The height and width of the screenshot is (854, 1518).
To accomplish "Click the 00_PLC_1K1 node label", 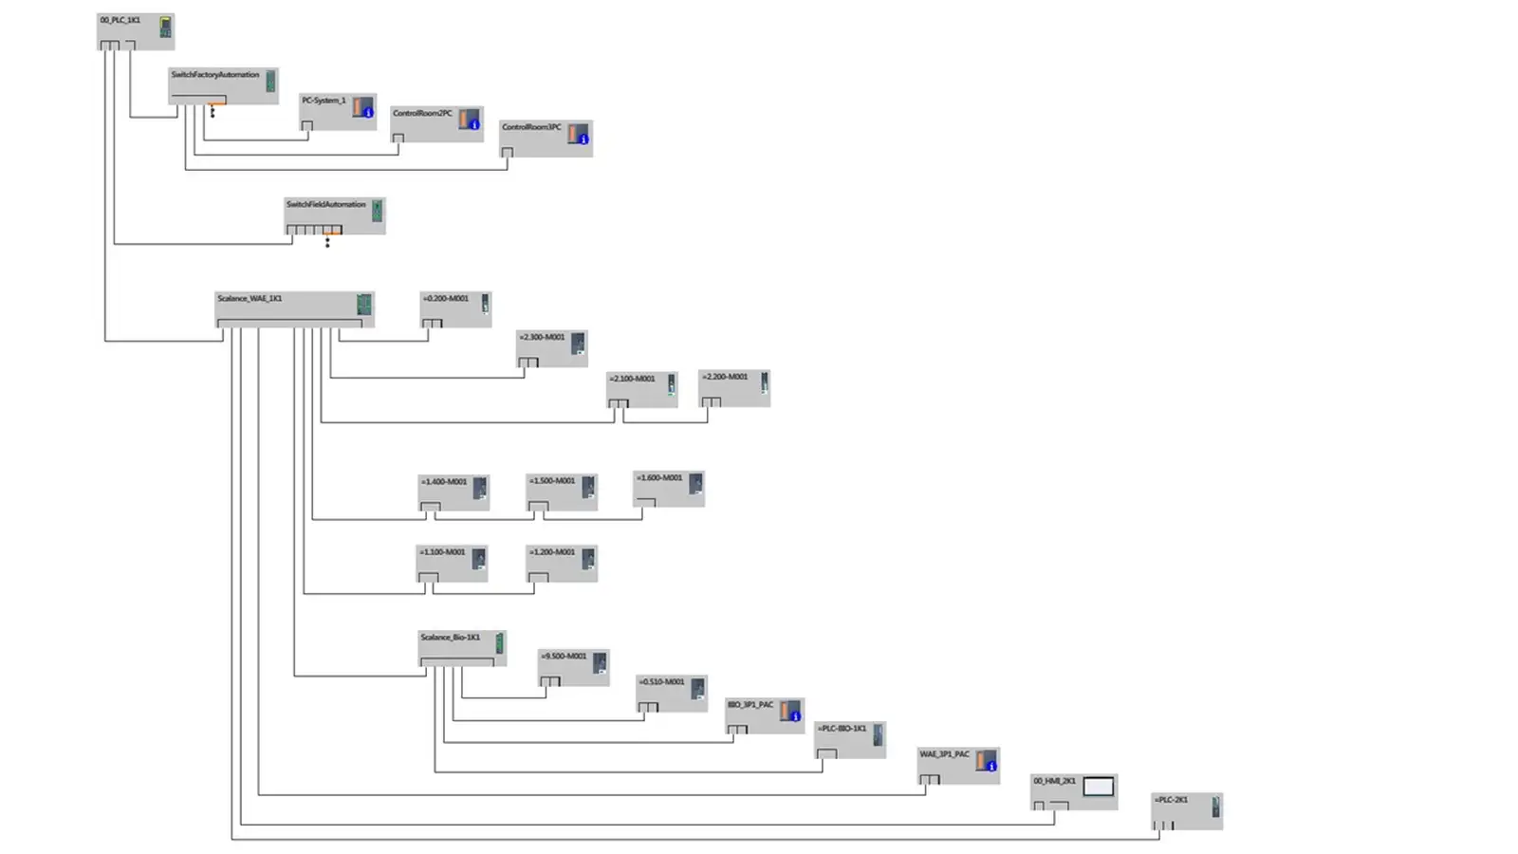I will click(x=120, y=20).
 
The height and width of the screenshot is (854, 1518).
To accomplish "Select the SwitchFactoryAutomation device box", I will click(x=223, y=85).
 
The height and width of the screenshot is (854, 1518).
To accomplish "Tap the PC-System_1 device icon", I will click(x=363, y=107).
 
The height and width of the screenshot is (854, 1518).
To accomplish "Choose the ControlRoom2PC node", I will click(x=436, y=123).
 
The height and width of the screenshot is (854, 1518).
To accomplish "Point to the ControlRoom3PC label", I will click(x=531, y=127).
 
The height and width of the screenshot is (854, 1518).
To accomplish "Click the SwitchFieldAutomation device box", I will click(x=334, y=215).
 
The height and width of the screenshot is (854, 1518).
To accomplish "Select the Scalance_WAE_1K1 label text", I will click(x=250, y=299).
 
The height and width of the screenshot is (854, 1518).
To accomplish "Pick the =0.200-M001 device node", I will click(x=455, y=309).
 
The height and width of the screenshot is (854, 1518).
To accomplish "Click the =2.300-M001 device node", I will click(x=552, y=348).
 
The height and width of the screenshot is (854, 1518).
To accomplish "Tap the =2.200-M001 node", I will click(x=734, y=388).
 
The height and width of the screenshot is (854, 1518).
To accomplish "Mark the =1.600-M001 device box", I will click(x=669, y=489).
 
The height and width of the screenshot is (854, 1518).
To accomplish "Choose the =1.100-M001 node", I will click(x=452, y=563).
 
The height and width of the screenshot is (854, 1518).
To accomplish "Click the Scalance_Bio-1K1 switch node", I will click(x=462, y=648).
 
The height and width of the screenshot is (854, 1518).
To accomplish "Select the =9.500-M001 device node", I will click(x=573, y=667).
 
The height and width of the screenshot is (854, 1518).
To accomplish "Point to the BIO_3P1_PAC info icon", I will click(x=796, y=716).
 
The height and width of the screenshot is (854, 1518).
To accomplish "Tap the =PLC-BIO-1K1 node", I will click(x=850, y=739).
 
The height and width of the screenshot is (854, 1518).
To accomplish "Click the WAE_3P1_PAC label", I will click(x=944, y=754).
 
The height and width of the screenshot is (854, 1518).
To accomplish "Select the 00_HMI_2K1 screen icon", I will click(x=1098, y=787).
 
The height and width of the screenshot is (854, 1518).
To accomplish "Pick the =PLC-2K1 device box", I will click(x=1187, y=811).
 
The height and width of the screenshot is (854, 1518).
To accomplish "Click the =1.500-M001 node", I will click(x=562, y=492).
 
